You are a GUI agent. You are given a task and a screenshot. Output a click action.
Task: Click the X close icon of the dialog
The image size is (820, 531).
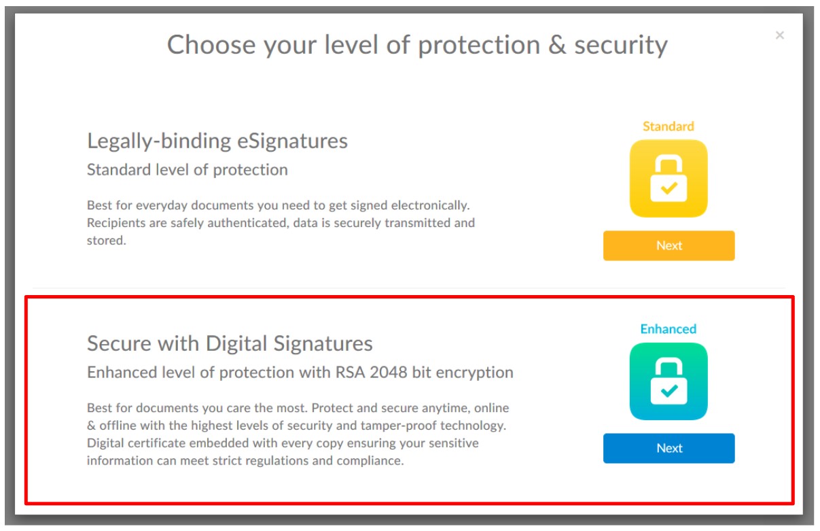[779, 35]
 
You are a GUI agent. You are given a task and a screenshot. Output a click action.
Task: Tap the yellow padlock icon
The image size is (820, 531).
[669, 178]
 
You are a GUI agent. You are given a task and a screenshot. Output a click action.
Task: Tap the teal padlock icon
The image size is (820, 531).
[669, 381]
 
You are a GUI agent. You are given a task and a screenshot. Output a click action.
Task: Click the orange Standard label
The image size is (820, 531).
[669, 126]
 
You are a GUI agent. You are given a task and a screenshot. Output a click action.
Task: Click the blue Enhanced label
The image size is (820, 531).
[669, 329]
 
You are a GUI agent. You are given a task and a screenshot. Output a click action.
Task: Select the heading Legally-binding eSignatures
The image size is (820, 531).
[217, 141]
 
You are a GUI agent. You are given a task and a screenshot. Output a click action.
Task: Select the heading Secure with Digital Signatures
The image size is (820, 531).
[230, 344]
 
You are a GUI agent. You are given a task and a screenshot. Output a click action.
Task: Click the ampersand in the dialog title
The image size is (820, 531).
[557, 45]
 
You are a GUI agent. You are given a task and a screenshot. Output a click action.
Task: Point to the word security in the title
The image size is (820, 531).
[621, 46]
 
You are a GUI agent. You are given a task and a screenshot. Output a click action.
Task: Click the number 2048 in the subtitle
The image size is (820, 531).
[388, 373]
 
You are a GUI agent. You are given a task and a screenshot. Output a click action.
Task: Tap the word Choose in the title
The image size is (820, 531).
[211, 45]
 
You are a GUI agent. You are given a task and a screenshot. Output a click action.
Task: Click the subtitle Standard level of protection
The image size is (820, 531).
[187, 170]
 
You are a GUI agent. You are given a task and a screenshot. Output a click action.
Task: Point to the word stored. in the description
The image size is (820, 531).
[106, 241]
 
